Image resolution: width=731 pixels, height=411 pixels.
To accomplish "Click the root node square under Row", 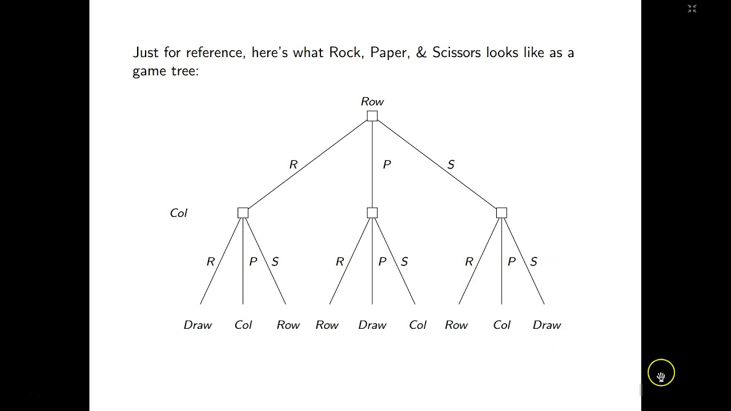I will [372, 116].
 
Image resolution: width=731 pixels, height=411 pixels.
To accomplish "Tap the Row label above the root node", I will [372, 102].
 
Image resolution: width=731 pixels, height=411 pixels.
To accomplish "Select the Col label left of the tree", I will [179, 213].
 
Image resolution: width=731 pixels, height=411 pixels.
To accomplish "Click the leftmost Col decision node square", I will [243, 213].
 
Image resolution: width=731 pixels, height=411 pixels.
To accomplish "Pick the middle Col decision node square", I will [372, 213].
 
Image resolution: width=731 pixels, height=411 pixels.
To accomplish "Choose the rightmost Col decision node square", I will [501, 213].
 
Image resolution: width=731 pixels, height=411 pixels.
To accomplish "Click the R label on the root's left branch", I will [294, 164].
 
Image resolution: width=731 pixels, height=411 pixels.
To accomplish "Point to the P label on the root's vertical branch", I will [387, 164].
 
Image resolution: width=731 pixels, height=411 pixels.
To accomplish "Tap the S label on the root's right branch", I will [451, 164].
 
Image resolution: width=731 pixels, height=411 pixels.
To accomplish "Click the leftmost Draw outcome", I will [198, 325].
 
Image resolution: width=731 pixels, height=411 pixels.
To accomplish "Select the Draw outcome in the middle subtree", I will [372, 325].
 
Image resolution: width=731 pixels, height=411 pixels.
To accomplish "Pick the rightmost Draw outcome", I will [547, 325].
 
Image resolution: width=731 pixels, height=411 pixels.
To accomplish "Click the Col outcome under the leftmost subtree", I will [243, 325].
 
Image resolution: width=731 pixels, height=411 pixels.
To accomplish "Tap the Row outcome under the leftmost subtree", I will [288, 325].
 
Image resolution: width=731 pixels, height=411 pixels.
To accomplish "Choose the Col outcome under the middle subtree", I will [417, 325].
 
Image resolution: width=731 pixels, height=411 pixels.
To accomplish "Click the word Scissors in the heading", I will [456, 53].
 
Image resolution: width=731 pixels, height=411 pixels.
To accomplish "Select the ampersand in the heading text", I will [421, 53].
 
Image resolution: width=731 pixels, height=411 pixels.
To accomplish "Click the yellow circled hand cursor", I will [661, 373].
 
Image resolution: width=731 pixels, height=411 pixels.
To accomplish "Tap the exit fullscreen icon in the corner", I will [692, 9].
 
